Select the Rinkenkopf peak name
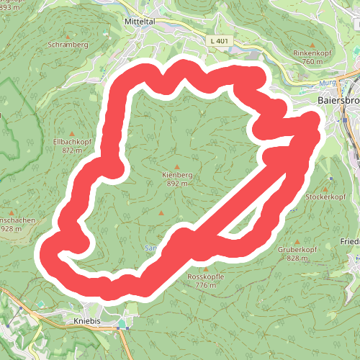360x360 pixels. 312,53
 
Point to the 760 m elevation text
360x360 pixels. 312,62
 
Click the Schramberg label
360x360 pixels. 68,44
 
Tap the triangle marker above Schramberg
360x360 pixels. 69,35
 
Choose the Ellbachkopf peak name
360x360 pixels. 73,142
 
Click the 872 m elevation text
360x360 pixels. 73,150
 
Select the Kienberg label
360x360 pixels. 176,175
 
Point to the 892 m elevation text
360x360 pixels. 176,184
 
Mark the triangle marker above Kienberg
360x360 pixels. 176,165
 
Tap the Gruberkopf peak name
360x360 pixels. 298,249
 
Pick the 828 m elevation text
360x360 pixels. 298,258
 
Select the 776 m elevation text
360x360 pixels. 205,285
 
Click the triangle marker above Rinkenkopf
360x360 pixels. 312,44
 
